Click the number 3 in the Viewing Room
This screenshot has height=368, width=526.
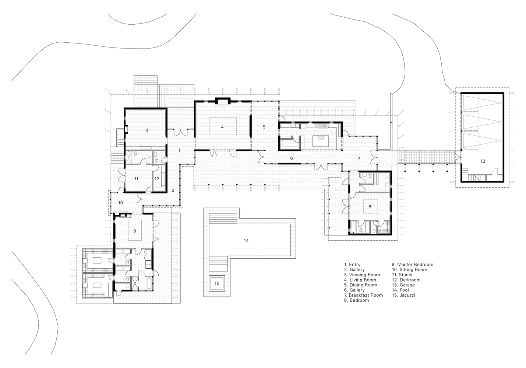146,131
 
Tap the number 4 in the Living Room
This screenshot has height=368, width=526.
222,127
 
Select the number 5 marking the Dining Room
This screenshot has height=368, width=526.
264,127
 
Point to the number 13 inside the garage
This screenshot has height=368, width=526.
483,161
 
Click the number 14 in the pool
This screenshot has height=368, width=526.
246,241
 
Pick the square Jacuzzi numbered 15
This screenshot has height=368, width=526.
217,283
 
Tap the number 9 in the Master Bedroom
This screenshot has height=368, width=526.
135,231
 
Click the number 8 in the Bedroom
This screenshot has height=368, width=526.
370,207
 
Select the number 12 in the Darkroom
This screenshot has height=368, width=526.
157,179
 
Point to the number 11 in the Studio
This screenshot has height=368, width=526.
136,179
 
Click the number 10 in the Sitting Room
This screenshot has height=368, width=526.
120,203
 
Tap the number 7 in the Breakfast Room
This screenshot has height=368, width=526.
359,159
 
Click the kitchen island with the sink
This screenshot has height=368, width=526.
321,141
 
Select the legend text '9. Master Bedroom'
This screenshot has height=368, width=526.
412,265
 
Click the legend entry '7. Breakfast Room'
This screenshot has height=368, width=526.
364,295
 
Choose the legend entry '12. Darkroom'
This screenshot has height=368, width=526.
406,280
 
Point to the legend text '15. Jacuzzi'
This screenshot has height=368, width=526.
403,295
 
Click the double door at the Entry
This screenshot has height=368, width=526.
181,133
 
